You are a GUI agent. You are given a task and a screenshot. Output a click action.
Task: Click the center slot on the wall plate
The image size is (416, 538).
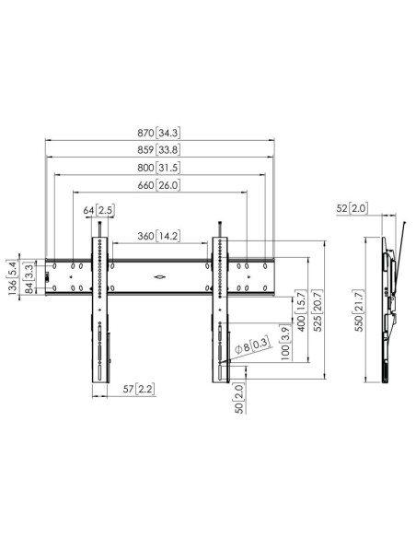pyautogui.click(x=160, y=275)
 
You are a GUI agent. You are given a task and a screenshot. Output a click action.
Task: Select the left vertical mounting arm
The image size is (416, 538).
pyautogui.click(x=99, y=309)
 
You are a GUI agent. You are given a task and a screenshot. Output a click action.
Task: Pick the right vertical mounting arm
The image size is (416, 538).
pyautogui.click(x=221, y=309)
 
